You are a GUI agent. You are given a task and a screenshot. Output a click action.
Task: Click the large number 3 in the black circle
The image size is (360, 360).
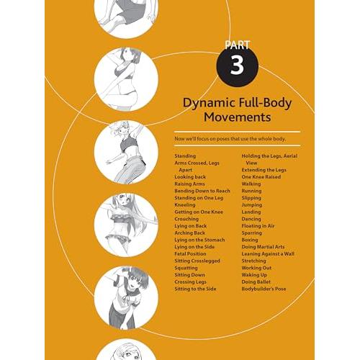coord(237,66)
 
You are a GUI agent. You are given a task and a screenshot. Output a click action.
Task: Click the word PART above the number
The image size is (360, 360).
coord(238,45)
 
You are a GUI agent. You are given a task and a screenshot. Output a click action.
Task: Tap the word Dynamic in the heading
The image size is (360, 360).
coord(209,103)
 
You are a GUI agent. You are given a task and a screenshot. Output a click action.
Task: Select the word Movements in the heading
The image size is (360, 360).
coord(238,117)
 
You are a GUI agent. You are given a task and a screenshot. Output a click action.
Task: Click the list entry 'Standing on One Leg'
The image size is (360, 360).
coord(199,198)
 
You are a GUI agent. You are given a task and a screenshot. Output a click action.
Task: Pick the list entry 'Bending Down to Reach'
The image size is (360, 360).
coord(202,191)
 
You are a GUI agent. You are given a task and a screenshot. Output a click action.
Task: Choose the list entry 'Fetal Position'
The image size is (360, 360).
coord(190,253)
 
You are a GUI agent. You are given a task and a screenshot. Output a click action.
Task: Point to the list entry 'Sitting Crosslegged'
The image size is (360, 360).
coord(197,261)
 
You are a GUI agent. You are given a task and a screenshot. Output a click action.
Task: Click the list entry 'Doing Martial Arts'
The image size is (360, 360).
coord(263,247)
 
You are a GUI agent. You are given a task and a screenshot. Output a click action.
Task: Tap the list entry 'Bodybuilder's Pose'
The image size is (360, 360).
coord(264,289)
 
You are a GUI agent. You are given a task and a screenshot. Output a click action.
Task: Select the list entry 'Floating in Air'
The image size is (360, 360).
coord(258,226)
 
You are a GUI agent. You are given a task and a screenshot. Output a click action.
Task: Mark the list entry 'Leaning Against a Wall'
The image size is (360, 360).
coord(268,253)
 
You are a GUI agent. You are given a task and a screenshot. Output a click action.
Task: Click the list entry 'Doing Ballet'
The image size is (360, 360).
coord(256,282)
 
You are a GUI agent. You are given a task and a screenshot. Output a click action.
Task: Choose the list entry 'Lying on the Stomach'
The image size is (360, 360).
coord(199,240)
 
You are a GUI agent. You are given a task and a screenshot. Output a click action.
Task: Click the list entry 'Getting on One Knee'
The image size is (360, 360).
coord(199,212)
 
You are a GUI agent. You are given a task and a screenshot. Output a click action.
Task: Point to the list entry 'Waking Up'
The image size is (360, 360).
coord(254,275)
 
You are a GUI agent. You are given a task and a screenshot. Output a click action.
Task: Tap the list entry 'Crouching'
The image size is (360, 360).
coord(186,219)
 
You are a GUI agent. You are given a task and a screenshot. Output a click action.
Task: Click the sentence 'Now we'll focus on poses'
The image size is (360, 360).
coord(230,139)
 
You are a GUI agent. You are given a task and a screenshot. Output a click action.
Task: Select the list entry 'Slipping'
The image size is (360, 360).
coord(251,198)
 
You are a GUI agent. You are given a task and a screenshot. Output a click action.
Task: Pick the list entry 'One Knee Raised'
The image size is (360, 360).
coord(261,177)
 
